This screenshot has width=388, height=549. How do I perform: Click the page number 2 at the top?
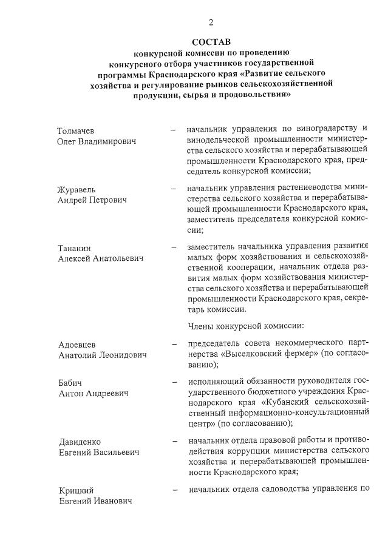pyautogui.click(x=211, y=22)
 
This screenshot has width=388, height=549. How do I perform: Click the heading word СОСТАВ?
pyautogui.click(x=211, y=42)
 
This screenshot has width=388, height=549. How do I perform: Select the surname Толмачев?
pyautogui.click(x=75, y=131)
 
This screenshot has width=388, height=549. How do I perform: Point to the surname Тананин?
pyautogui.click(x=74, y=248)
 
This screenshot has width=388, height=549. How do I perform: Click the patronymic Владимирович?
pyautogui.click(x=111, y=141)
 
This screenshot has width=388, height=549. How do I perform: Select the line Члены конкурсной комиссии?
pyautogui.click(x=241, y=326)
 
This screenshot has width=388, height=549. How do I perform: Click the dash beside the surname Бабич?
pyautogui.click(x=174, y=383)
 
